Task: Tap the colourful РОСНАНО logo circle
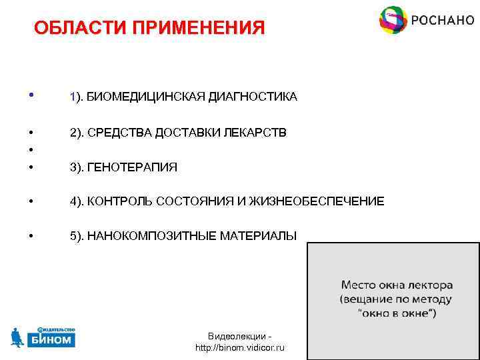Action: click(x=393, y=20)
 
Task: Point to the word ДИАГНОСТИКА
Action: click(x=253, y=97)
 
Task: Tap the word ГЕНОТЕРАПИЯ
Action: click(x=132, y=167)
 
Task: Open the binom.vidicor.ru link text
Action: click(x=239, y=348)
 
